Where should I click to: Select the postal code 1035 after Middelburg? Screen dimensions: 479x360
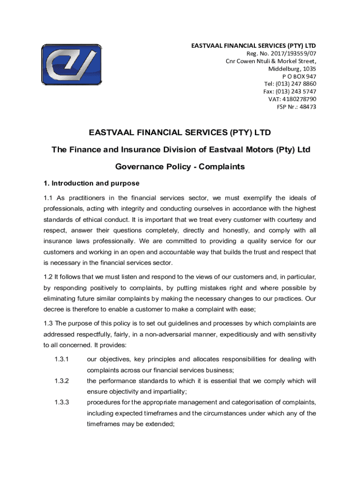309,69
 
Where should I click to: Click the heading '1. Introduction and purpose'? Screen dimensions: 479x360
91,183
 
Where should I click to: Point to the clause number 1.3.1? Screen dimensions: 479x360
61,359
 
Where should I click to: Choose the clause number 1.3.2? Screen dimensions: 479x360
61,381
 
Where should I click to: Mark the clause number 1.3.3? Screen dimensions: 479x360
61,402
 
